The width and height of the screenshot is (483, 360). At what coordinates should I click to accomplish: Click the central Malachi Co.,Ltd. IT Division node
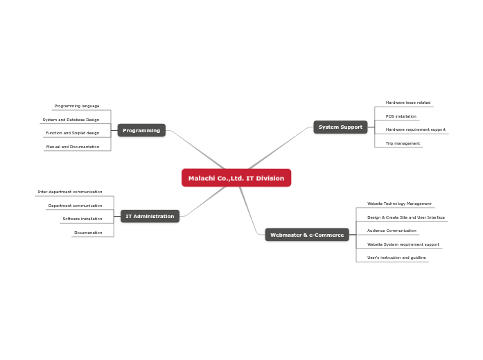coord(236,178)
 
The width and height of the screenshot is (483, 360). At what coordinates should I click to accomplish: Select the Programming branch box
coord(141,130)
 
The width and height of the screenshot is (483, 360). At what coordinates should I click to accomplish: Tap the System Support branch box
coord(340,127)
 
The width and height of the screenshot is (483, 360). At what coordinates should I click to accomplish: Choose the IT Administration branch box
coord(150,216)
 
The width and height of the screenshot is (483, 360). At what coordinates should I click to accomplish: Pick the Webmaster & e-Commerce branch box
coord(307,235)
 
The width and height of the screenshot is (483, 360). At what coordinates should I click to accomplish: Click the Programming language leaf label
coord(77,106)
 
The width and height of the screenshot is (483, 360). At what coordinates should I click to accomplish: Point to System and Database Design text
coord(71,120)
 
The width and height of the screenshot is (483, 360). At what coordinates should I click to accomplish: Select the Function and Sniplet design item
coord(73,133)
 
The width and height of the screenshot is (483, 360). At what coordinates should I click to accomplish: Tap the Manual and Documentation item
coord(73,147)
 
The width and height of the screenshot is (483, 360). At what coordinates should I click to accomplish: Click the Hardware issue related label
coord(408,102)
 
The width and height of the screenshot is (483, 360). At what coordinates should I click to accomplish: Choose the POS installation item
coord(401,116)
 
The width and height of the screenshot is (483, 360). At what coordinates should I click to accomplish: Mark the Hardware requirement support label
coord(416,129)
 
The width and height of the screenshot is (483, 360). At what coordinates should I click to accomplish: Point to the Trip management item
coord(403,143)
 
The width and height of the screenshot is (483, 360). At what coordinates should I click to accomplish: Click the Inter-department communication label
coord(70,192)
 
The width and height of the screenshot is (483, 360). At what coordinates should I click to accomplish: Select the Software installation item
coord(82,219)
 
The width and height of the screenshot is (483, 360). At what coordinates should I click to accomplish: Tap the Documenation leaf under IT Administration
coord(88,233)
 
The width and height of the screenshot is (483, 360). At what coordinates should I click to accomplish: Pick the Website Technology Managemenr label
coord(399,204)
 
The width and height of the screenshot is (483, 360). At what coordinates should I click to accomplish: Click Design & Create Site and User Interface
coord(406,217)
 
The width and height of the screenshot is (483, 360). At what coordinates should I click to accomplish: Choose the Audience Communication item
coord(392,231)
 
